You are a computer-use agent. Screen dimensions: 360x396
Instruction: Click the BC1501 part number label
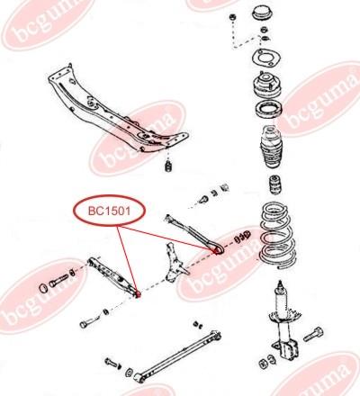[109, 211]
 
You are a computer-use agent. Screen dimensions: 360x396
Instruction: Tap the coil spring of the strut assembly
[277, 234]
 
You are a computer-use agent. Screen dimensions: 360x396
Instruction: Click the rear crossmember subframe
[118, 110]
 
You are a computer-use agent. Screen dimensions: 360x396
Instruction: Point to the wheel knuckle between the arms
[176, 263]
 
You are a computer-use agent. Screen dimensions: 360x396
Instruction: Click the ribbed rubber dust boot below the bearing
[271, 147]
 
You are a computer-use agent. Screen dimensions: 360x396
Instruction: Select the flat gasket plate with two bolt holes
[265, 58]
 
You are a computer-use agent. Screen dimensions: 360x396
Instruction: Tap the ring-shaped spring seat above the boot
[268, 110]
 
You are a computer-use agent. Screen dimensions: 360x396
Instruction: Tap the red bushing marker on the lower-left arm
[138, 294]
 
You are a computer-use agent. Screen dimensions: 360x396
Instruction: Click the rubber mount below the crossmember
[168, 166]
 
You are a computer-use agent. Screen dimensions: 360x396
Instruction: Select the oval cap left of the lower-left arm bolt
[44, 288]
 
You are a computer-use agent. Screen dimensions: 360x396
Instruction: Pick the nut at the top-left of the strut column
[232, 17]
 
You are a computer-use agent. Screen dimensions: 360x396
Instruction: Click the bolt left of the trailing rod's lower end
[112, 363]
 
